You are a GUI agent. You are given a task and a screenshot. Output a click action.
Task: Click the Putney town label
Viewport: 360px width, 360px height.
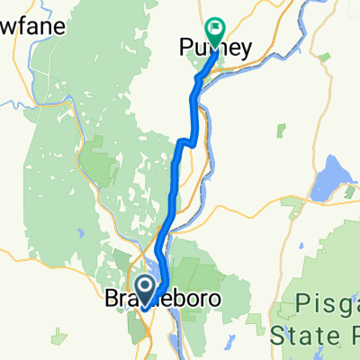[x=215, y=45]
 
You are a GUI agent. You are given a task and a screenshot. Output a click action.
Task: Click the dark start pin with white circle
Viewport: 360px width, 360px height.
[x=143, y=287]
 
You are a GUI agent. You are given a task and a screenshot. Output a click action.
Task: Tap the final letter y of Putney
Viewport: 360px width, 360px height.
[x=244, y=47]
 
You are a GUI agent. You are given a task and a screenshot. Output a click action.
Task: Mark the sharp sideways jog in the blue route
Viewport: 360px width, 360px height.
[x=185, y=140]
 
